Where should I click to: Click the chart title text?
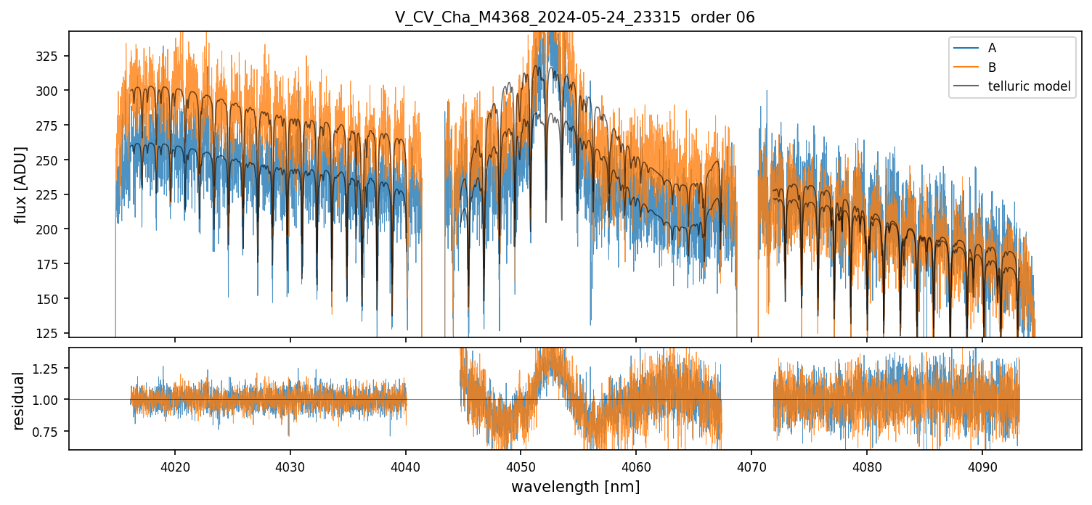point(574,17)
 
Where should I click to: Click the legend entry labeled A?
point(992,49)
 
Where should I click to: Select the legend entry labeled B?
point(992,67)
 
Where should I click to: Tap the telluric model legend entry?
point(1029,86)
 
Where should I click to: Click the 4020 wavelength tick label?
point(174,465)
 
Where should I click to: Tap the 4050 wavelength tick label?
point(521,465)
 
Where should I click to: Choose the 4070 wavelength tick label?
point(751,465)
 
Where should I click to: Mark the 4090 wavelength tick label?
point(982,465)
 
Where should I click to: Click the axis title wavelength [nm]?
point(575,486)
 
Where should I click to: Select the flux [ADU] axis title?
point(21,184)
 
